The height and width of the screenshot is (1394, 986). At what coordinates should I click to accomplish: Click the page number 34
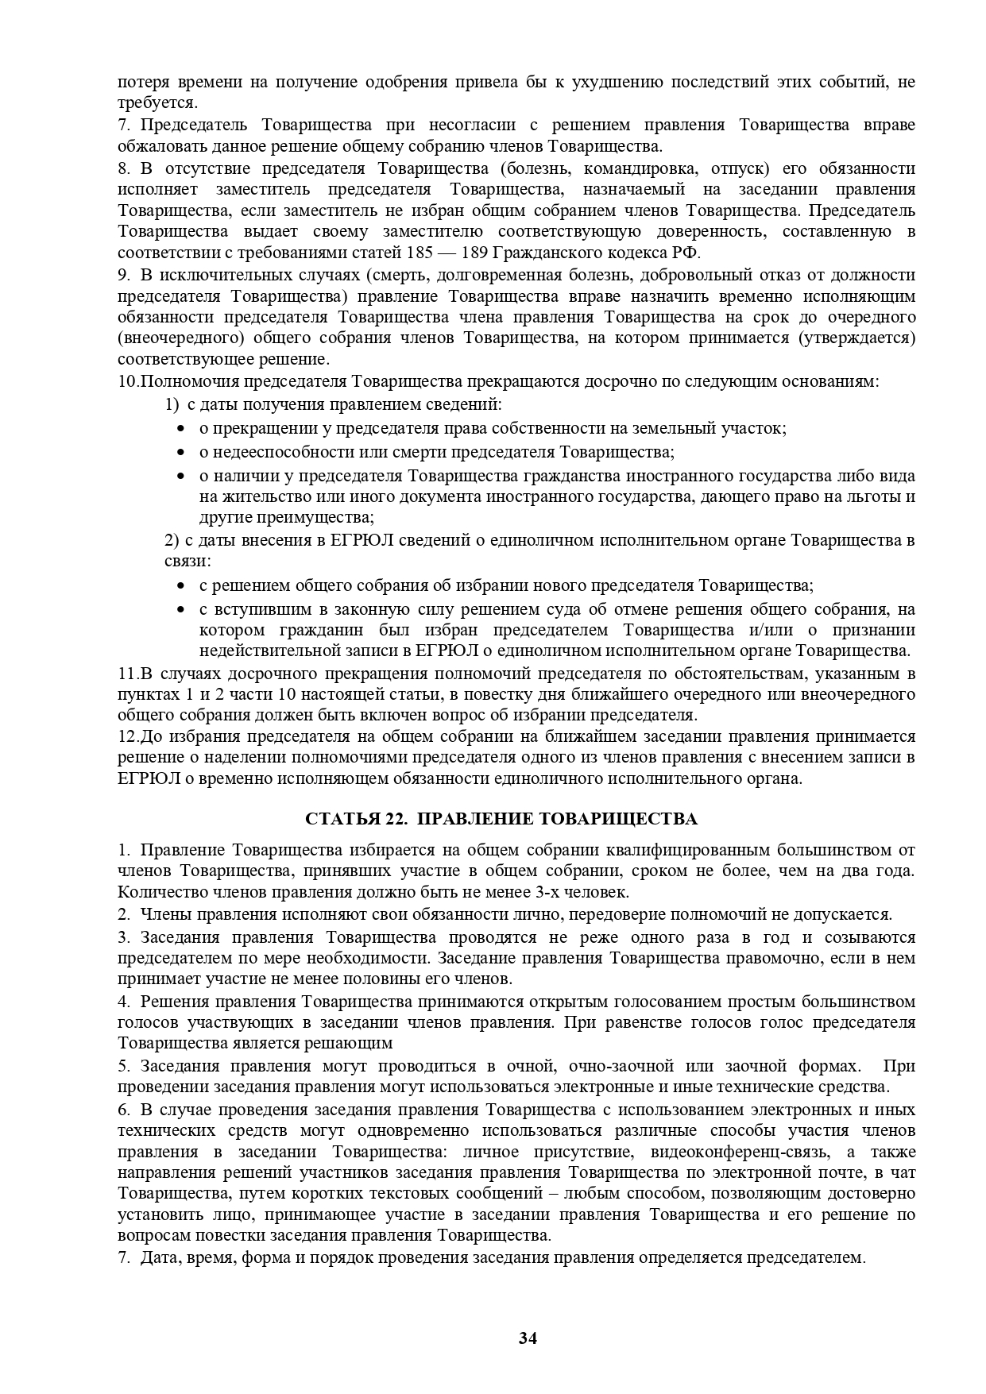pos(528,1338)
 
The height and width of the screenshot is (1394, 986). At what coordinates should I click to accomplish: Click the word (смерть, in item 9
pos(395,275)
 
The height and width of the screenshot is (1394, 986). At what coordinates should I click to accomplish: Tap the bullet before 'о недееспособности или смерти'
pos(181,453)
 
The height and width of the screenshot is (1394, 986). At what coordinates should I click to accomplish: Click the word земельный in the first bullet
pos(681,429)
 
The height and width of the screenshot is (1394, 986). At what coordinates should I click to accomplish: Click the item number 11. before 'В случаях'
pos(128,674)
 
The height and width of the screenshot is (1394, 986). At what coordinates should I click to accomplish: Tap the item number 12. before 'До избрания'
pos(128,736)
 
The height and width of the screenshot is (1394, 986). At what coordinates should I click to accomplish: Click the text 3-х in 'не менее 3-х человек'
pos(559,892)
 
